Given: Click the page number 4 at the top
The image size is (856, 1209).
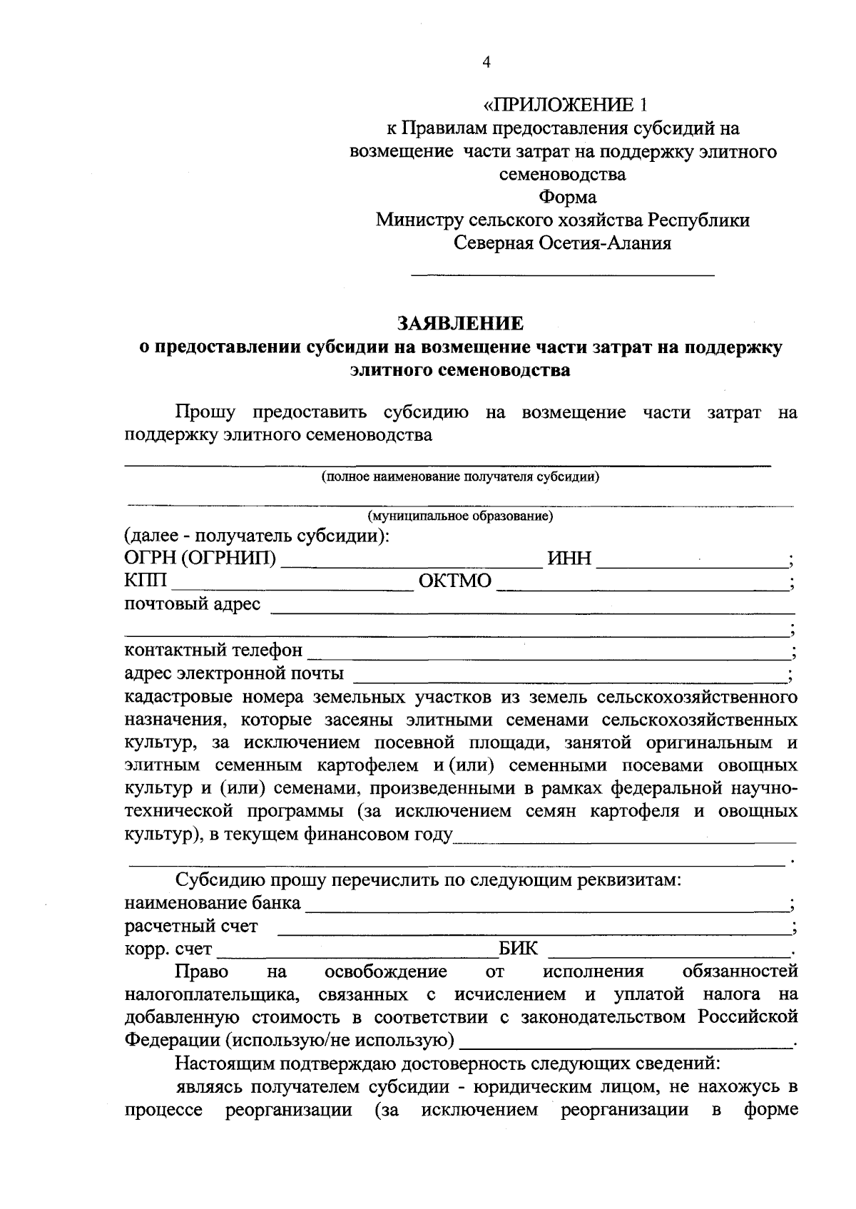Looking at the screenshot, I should pos(486,63).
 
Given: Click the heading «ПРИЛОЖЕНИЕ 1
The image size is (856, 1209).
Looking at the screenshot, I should pos(564,106).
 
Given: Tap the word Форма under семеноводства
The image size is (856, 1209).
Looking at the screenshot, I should pos(568,197).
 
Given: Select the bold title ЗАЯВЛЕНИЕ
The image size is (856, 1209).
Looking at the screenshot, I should pos(460,323).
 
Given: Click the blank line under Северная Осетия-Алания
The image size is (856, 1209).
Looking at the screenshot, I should pos(563,273).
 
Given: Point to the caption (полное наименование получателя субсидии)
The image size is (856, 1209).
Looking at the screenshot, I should pos(459,477).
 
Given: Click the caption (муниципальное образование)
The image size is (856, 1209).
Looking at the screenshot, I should pos(460,516).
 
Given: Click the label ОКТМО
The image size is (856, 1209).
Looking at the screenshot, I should pos(455,581).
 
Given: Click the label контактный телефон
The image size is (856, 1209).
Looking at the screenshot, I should pos(213,651).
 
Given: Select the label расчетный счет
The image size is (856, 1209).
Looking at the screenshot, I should pos(191,927).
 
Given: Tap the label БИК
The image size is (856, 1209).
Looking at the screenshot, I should pos(519,949).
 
